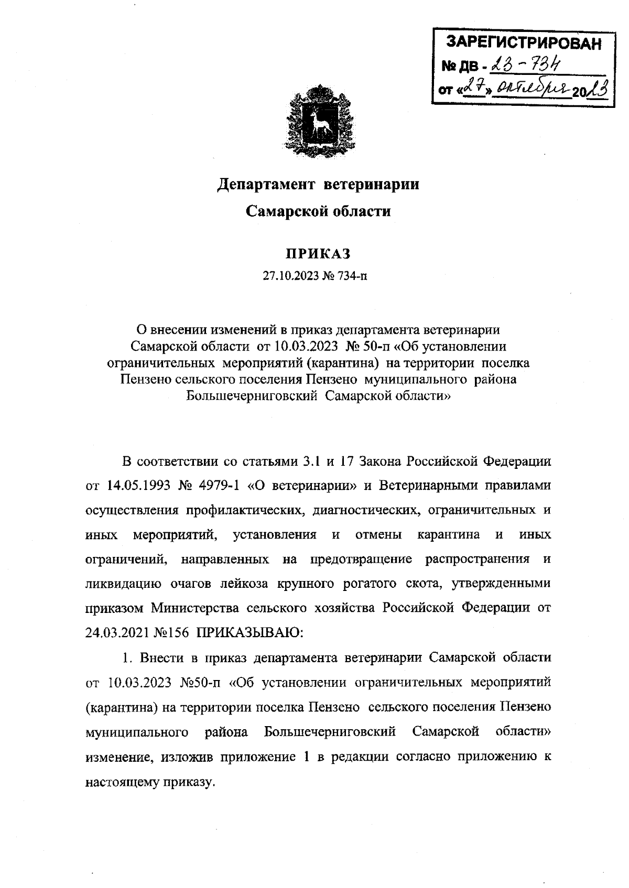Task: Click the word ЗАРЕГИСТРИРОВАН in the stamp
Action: pos(522,43)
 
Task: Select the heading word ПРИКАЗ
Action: pos(317,254)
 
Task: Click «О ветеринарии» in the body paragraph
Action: pos(302,485)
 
